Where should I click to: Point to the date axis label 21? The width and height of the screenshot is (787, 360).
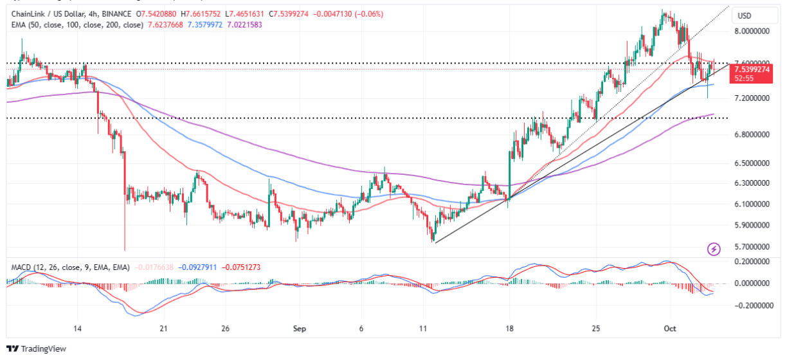point(163,328)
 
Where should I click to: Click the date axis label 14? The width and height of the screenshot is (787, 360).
point(78,328)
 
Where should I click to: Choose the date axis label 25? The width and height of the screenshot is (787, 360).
point(596,328)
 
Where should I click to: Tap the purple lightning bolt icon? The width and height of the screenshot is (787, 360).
point(713,249)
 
